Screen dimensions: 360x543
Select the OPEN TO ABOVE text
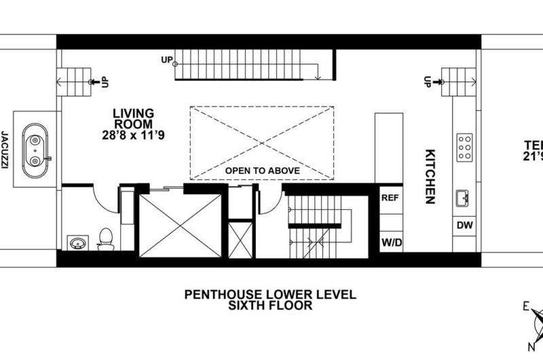coord(262,170)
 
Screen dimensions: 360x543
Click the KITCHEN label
coord(430,177)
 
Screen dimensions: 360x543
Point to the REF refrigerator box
coord(390,199)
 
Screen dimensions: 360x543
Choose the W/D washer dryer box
coord(390,242)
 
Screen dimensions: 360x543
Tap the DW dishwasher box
coord(465,224)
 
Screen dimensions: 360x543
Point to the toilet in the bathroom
coord(105,238)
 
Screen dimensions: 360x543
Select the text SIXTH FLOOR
coord(270,306)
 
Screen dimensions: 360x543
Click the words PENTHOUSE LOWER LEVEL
coord(270,295)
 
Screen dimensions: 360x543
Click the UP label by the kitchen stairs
coord(428,82)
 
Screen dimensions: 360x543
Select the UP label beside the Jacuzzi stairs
coord(105,82)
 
